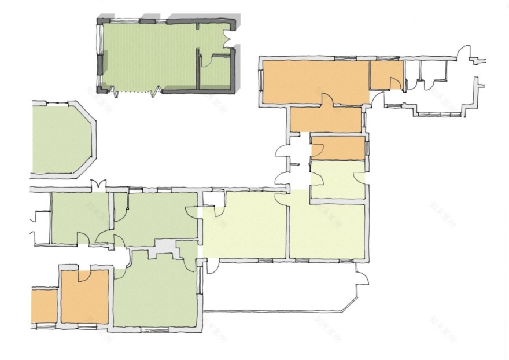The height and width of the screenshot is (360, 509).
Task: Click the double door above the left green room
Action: click(99, 185)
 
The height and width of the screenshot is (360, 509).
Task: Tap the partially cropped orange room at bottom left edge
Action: click(43, 306)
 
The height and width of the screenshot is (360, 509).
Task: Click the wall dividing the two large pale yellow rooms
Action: click(287, 226)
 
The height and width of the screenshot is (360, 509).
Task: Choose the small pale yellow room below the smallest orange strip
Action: click(338, 179)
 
